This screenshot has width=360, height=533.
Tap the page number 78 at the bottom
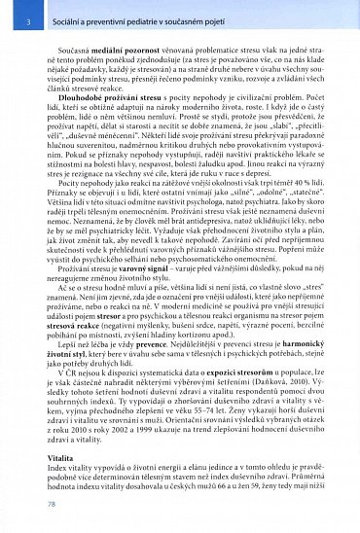click(22, 505)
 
